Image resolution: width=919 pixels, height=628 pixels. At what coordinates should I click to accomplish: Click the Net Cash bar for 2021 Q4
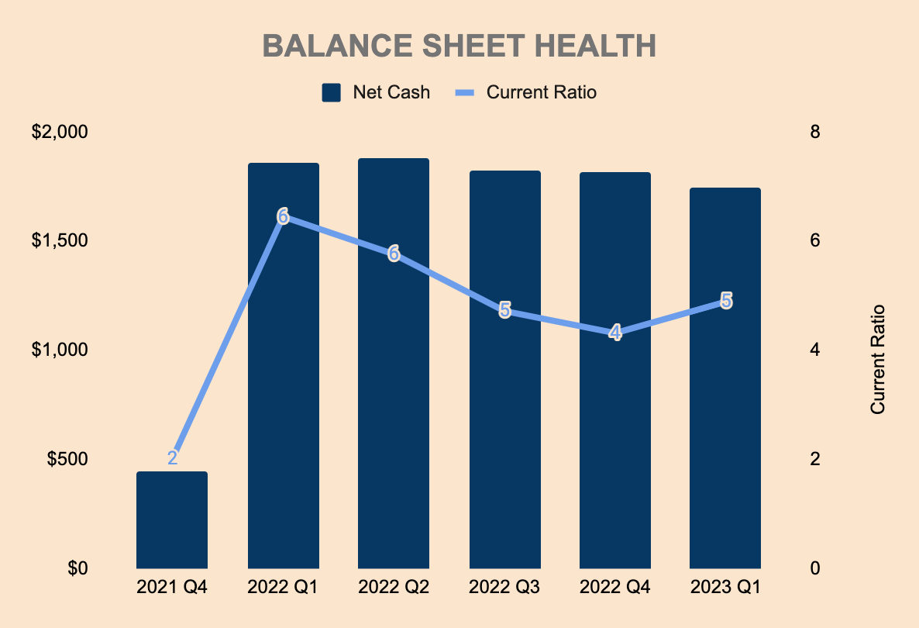(172, 519)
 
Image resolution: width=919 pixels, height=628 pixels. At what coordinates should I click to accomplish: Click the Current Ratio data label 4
(615, 333)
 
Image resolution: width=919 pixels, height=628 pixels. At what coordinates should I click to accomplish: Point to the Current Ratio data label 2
(172, 457)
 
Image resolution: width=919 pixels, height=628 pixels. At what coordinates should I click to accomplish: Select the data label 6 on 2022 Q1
(283, 216)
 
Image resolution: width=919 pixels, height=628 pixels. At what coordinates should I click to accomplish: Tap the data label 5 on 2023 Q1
(726, 300)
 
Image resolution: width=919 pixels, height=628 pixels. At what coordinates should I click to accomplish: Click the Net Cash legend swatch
(332, 92)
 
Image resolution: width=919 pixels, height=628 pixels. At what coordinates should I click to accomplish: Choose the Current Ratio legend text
(541, 92)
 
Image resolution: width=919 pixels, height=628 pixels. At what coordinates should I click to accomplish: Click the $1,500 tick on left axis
(59, 240)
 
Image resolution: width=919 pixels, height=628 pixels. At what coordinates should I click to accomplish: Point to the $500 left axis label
(67, 459)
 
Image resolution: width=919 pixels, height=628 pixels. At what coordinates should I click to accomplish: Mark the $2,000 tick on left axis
(59, 132)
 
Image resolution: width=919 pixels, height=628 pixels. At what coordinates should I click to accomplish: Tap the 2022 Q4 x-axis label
(615, 588)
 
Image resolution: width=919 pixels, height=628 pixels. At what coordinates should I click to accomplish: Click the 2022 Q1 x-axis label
(283, 588)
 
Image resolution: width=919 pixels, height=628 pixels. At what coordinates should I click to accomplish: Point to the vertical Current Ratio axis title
(877, 358)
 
